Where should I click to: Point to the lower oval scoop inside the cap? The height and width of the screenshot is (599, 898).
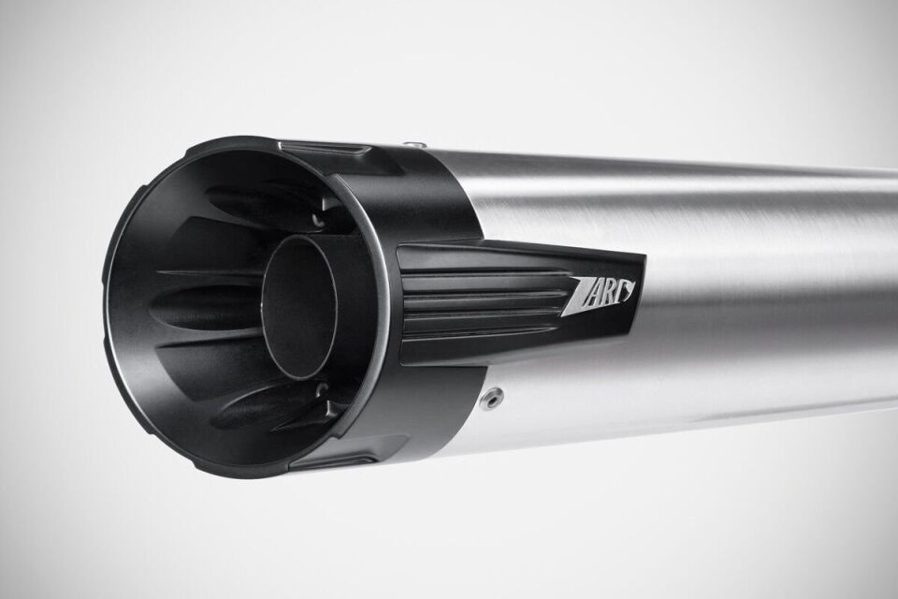[x=257, y=405]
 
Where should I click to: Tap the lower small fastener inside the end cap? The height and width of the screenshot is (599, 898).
[x=324, y=390]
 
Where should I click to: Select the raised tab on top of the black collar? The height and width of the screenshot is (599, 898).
[x=323, y=148]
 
